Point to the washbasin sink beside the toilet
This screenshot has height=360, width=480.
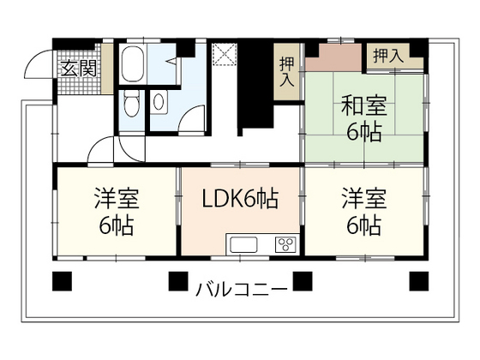(160, 102)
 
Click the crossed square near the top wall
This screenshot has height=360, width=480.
(225, 52)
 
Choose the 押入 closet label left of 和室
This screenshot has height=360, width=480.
(285, 70)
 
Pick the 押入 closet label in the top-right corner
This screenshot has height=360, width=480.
(387, 57)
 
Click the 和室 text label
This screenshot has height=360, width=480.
(364, 108)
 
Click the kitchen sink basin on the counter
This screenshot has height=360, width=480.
(245, 244)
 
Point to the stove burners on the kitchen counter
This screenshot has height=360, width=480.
(283, 244)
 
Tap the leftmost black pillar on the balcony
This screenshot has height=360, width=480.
(60, 280)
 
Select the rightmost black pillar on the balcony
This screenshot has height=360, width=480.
(418, 280)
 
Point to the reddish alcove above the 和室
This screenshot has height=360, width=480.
(334, 59)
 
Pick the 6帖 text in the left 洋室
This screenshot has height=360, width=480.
(116, 228)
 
